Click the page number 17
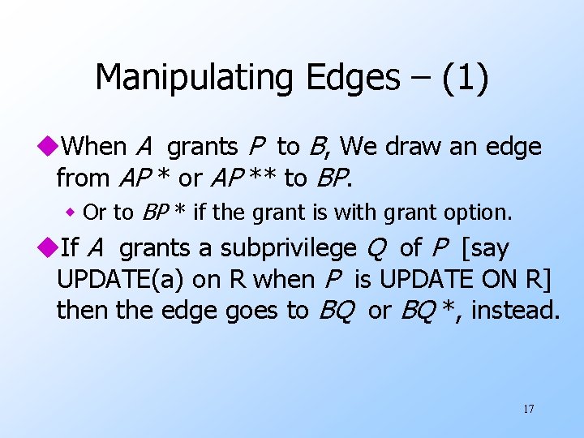tap(529, 409)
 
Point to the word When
tap(93, 147)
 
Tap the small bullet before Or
tap(71, 213)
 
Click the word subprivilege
tap(288, 248)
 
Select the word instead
tap(516, 310)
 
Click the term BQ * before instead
tap(429, 310)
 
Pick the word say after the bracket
tap(489, 248)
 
